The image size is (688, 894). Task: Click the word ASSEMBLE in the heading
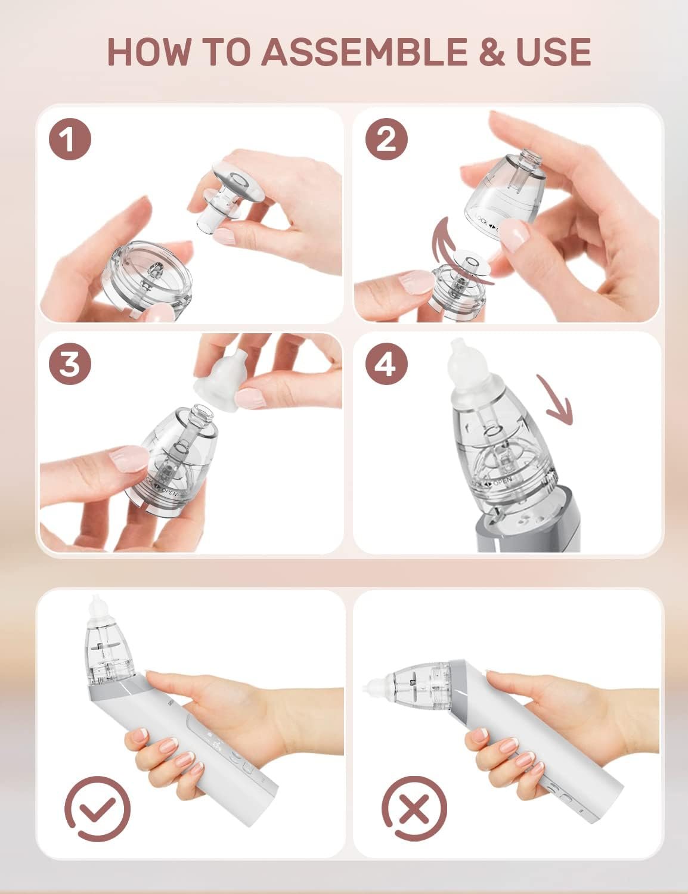click(365, 52)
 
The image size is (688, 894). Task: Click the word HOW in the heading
click(149, 52)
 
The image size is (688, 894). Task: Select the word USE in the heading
click(553, 52)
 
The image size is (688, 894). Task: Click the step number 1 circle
click(70, 139)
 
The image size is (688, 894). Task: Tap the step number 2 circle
click(386, 139)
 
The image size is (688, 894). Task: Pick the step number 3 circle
click(70, 364)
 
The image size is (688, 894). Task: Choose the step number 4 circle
click(386, 364)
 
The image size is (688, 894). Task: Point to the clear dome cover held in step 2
click(504, 191)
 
